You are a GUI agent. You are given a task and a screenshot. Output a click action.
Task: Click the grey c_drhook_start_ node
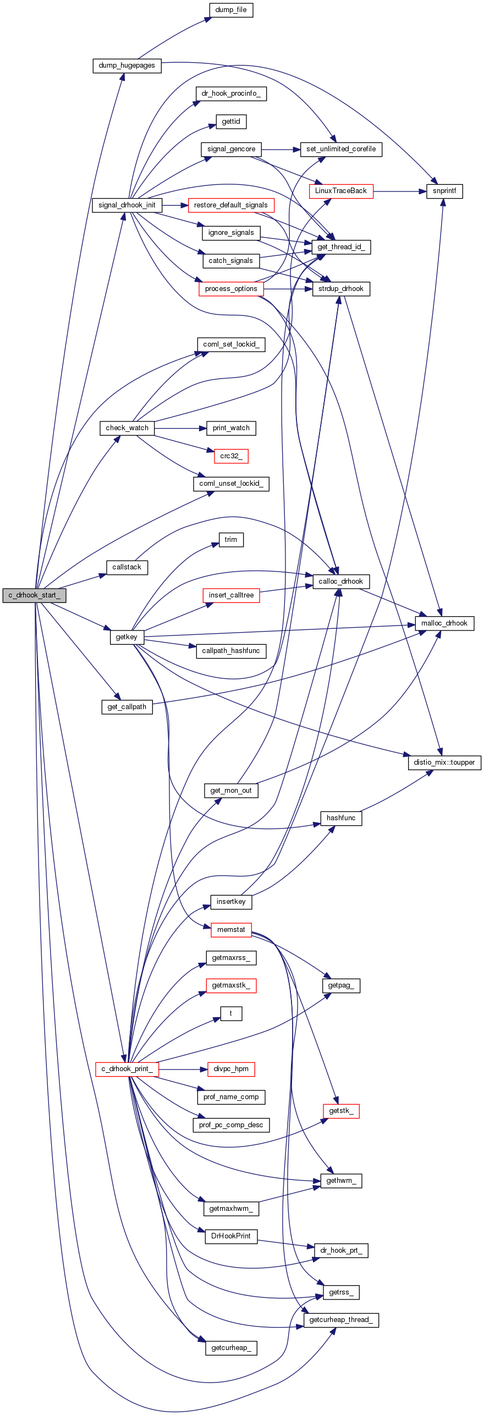[x=34, y=595]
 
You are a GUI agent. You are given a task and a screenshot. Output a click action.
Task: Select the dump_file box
[x=231, y=10]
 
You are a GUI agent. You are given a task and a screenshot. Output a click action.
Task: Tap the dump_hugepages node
[x=127, y=65]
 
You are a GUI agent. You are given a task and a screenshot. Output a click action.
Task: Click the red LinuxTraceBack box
[x=341, y=191]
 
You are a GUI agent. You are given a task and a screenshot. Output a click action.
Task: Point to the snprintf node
[x=444, y=191]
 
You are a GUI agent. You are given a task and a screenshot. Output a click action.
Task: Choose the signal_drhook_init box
[x=127, y=205]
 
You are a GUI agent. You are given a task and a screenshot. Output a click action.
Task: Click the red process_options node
[x=231, y=289]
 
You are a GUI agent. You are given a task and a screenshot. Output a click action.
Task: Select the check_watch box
[x=127, y=428]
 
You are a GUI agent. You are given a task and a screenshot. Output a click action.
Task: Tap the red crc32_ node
[x=231, y=456]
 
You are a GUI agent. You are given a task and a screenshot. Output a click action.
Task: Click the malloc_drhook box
[x=444, y=623]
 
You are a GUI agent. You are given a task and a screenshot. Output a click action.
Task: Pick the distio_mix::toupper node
[x=444, y=763]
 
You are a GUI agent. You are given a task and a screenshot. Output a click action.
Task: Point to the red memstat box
[x=231, y=930]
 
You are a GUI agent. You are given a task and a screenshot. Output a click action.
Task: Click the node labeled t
[x=231, y=1013]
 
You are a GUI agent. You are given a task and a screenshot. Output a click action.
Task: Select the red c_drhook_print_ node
[x=127, y=1069]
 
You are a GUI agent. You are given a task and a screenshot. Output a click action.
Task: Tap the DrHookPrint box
[x=231, y=1236]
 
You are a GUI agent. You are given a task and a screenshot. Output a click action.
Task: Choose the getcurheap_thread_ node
[x=341, y=1320]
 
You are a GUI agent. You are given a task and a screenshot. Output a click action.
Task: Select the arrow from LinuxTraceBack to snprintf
[x=400, y=191]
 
